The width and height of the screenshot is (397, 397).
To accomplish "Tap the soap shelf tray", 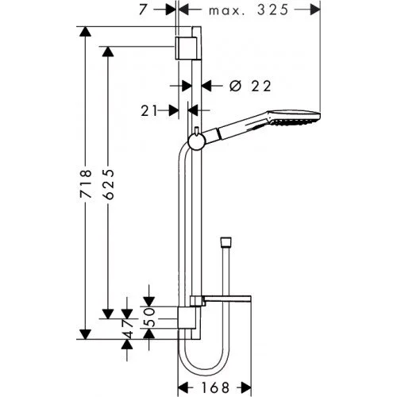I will [226, 299].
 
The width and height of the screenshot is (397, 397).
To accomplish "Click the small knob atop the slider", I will [195, 129].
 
